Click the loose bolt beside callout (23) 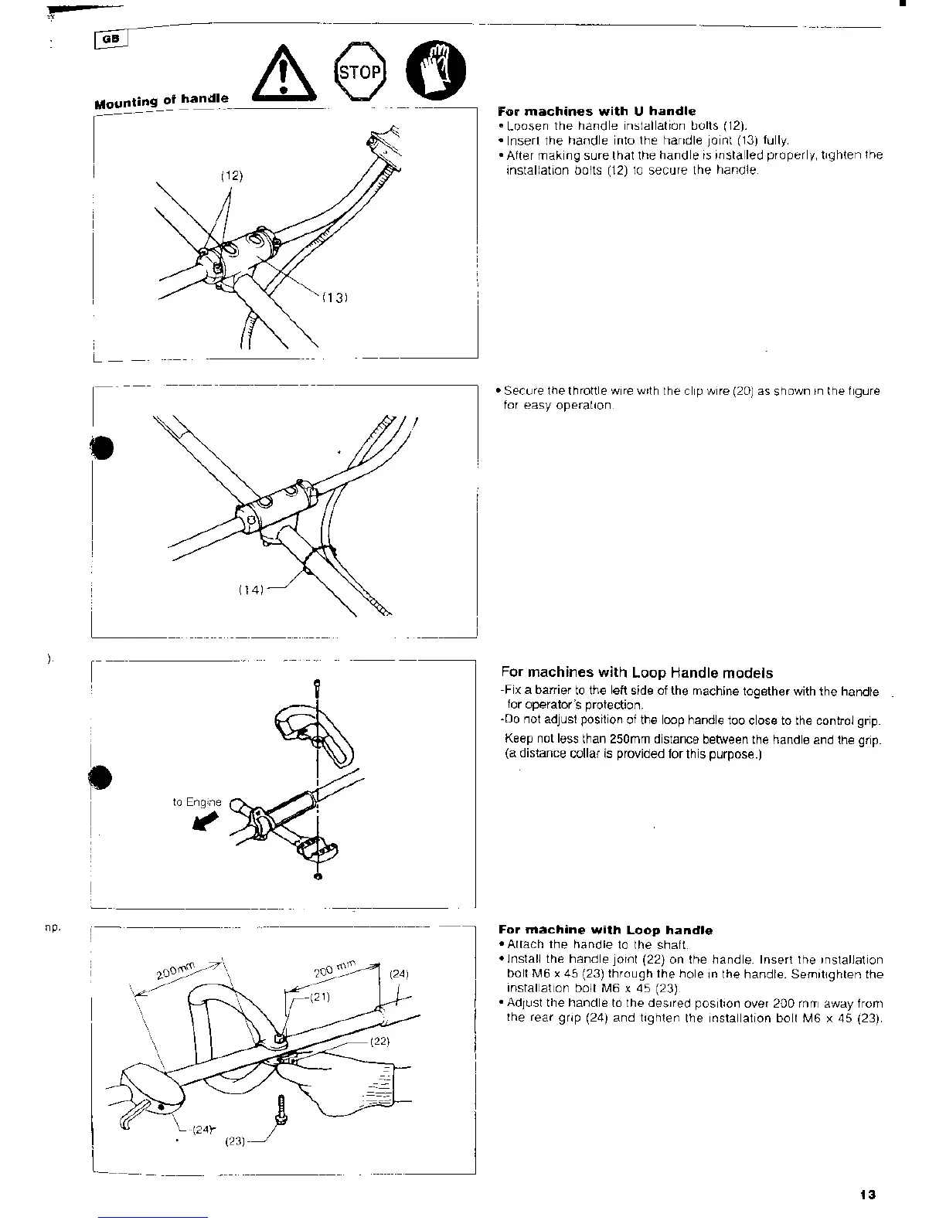point(281,1112)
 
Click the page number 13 point(867,1195)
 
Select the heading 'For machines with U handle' point(597,111)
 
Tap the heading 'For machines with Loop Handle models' point(637,672)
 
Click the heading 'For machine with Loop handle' point(606,930)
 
